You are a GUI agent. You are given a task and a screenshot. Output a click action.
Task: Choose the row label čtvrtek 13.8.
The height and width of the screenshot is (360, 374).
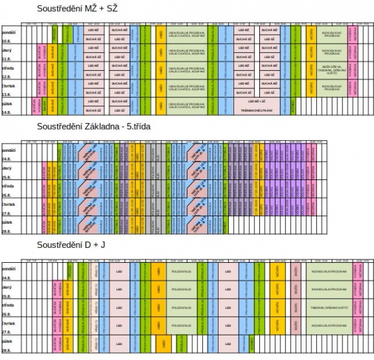click(9, 89)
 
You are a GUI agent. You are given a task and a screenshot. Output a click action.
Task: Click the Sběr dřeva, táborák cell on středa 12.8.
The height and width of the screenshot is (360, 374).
click(335, 71)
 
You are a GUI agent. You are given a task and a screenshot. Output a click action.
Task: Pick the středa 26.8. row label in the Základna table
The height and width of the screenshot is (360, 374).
click(9, 190)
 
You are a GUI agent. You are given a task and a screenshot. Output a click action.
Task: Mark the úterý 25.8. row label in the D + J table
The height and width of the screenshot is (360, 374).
click(9, 291)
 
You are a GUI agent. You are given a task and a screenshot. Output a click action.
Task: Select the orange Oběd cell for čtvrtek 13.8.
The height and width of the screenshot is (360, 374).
click(160, 89)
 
